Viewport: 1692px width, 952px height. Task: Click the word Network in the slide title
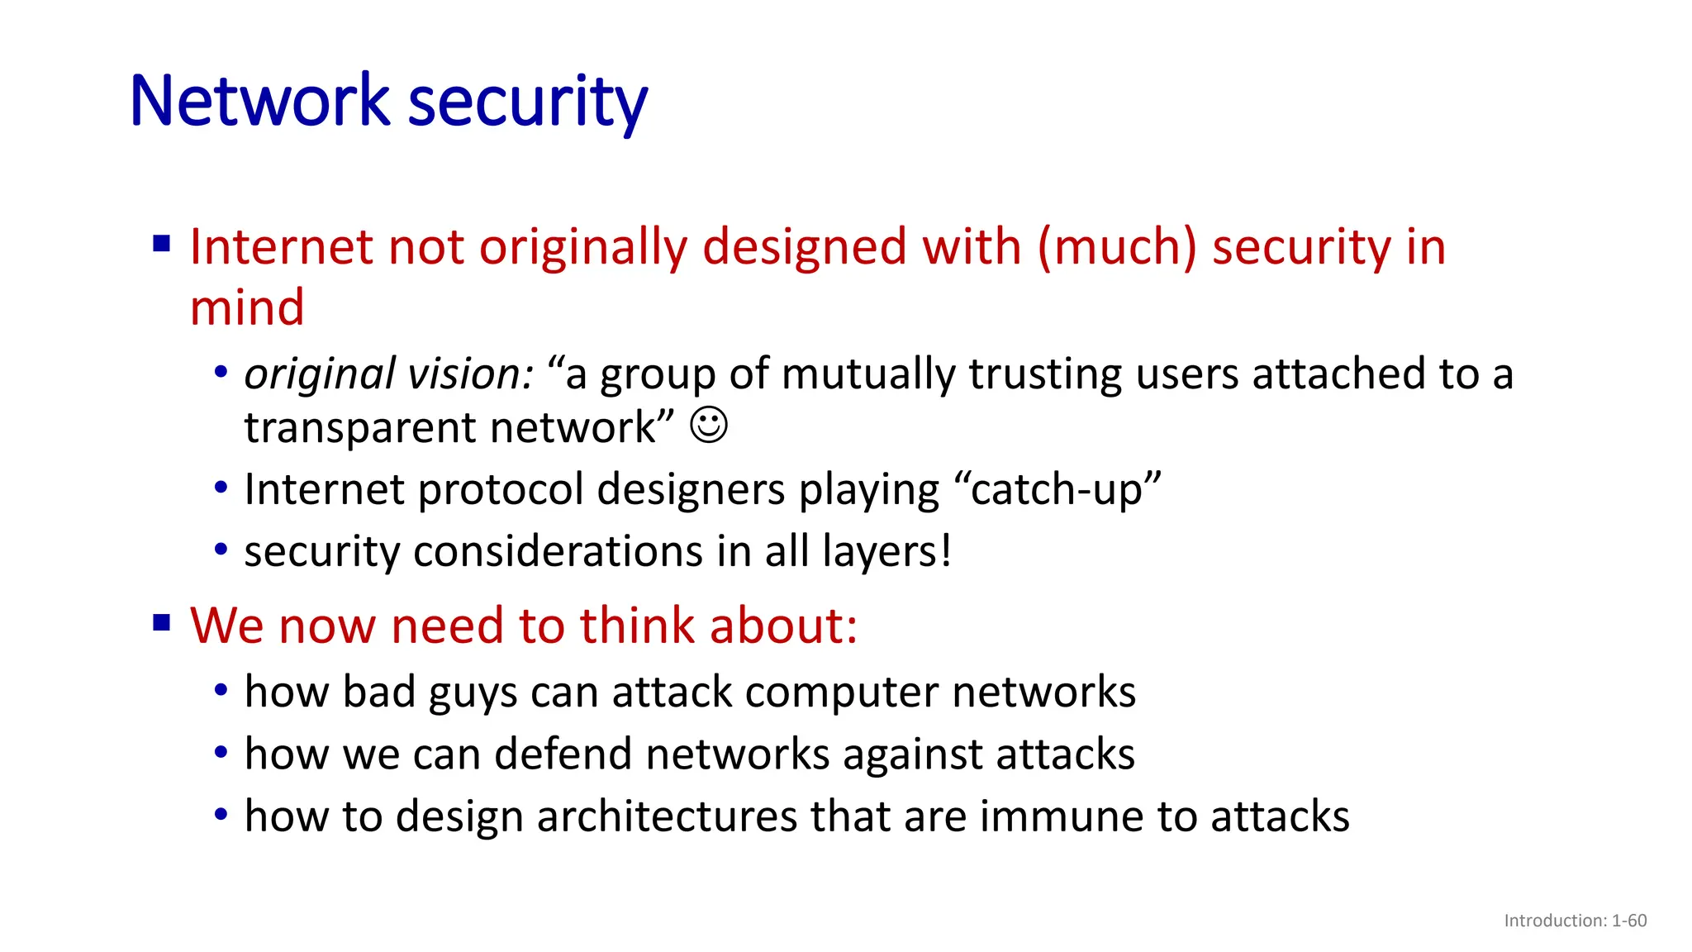pyautogui.click(x=259, y=101)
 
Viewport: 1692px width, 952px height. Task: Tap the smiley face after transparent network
pyautogui.click(x=709, y=426)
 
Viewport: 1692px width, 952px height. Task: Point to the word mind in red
pyautogui.click(x=247, y=307)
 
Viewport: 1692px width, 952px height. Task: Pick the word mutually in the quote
pyautogui.click(x=869, y=374)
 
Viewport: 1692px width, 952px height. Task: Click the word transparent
pyautogui.click(x=360, y=428)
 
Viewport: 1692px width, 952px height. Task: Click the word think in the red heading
pyautogui.click(x=637, y=626)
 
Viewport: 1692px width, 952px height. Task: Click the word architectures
pyautogui.click(x=666, y=816)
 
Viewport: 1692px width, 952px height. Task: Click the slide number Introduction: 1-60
pyautogui.click(x=1575, y=921)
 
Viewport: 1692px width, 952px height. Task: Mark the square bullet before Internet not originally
pyautogui.click(x=162, y=244)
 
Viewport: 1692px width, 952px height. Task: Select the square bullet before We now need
pyautogui.click(x=162, y=622)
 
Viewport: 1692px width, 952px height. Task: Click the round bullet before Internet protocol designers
pyautogui.click(x=221, y=488)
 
